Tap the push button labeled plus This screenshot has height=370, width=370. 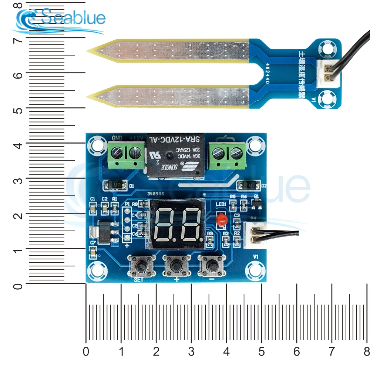click(x=176, y=265)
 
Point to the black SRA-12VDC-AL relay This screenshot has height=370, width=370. click(x=176, y=155)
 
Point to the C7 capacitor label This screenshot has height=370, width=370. click(x=93, y=242)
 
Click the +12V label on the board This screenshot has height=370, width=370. click(x=137, y=138)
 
